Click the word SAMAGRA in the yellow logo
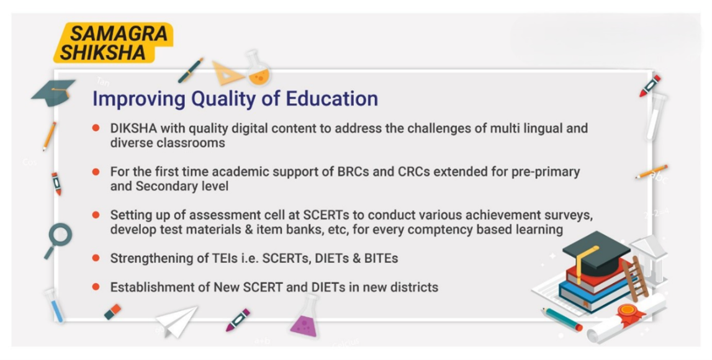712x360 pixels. (x=119, y=34)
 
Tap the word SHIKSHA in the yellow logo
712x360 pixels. (x=103, y=53)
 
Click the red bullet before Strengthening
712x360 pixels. (x=96, y=258)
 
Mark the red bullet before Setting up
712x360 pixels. (x=96, y=215)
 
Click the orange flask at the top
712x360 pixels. (x=258, y=69)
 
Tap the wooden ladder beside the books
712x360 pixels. (x=636, y=278)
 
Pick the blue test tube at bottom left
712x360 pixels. (x=55, y=305)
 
